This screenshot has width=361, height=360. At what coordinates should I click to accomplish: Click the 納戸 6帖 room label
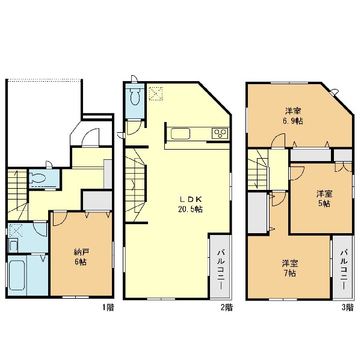pyautogui.click(x=81, y=257)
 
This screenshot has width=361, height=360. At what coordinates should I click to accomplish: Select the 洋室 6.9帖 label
pyautogui.click(x=293, y=116)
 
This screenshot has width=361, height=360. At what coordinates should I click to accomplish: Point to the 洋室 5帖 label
pyautogui.click(x=324, y=198)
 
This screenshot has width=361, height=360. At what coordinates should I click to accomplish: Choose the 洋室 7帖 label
pyautogui.click(x=290, y=268)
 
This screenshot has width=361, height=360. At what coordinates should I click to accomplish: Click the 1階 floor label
pyautogui.click(x=108, y=307)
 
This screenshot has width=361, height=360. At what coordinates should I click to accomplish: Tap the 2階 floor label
pyautogui.click(x=227, y=307)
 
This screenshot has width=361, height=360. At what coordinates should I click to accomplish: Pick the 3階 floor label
pyautogui.click(x=347, y=307)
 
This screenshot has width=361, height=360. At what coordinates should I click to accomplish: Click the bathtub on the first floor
pyautogui.click(x=17, y=275)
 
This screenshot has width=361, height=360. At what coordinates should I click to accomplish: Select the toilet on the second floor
pyautogui.click(x=135, y=97)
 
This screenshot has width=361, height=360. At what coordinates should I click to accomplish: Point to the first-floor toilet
pyautogui.click(x=38, y=178)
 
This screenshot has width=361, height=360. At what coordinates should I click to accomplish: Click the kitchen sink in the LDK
pyautogui.click(x=180, y=133)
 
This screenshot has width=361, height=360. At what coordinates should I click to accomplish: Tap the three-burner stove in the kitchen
pyautogui.click(x=220, y=133)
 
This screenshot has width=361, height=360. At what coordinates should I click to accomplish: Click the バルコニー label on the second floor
pyautogui.click(x=221, y=270)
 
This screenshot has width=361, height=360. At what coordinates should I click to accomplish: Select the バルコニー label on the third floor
pyautogui.click(x=344, y=270)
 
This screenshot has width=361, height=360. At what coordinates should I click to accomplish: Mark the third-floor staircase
pyautogui.click(x=258, y=169)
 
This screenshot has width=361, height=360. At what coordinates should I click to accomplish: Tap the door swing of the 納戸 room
pyautogui.click(x=60, y=219)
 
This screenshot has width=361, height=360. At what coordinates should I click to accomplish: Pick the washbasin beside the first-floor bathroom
pyautogui.click(x=13, y=245)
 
